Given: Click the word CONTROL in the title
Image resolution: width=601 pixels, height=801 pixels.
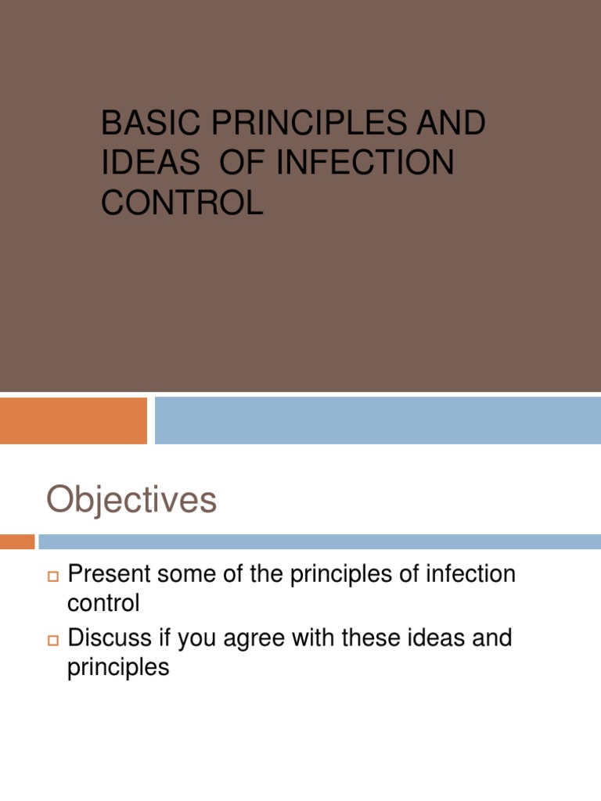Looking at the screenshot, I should coord(182,203).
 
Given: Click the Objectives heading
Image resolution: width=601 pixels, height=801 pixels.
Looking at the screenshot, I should coord(131,500).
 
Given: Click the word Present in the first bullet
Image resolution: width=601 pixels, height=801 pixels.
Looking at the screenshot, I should coord(109,574).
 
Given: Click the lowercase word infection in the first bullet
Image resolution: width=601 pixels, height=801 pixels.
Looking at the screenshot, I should coord(470,574).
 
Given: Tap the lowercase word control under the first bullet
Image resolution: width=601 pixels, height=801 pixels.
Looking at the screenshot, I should coord(104,603).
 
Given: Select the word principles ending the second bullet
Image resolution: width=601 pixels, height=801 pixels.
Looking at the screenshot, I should coord(119,667).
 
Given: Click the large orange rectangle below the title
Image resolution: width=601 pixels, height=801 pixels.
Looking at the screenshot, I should coord(74,421).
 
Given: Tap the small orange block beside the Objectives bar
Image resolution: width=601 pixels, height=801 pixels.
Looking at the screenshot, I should coord(17,541).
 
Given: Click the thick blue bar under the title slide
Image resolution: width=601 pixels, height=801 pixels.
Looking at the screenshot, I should coord(378,421).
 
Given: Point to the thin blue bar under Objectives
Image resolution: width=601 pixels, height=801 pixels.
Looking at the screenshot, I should coord(319,541).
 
